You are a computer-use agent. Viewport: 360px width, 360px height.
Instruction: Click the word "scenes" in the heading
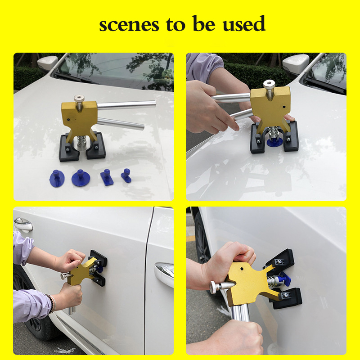click(x=129, y=25)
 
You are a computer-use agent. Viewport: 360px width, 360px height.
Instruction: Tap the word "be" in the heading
click(x=204, y=23)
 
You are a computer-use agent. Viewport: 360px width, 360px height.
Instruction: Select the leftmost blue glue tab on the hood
click(x=57, y=178)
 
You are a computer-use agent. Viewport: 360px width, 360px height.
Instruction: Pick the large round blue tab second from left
click(x=81, y=178)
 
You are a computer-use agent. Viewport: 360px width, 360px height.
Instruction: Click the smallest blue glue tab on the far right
click(x=126, y=175)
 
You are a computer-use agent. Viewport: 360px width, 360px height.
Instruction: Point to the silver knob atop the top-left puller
click(x=79, y=102)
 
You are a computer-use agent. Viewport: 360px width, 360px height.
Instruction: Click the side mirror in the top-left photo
click(x=47, y=63)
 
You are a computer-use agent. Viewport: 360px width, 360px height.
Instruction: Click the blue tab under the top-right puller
click(x=274, y=142)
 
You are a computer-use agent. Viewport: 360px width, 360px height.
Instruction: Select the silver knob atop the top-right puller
click(x=269, y=89)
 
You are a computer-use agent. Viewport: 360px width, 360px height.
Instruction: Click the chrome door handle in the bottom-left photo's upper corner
click(x=23, y=224)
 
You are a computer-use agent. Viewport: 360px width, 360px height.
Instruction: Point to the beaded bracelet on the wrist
click(x=52, y=303)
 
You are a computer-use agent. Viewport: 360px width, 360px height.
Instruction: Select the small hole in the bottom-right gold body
click(x=242, y=268)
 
